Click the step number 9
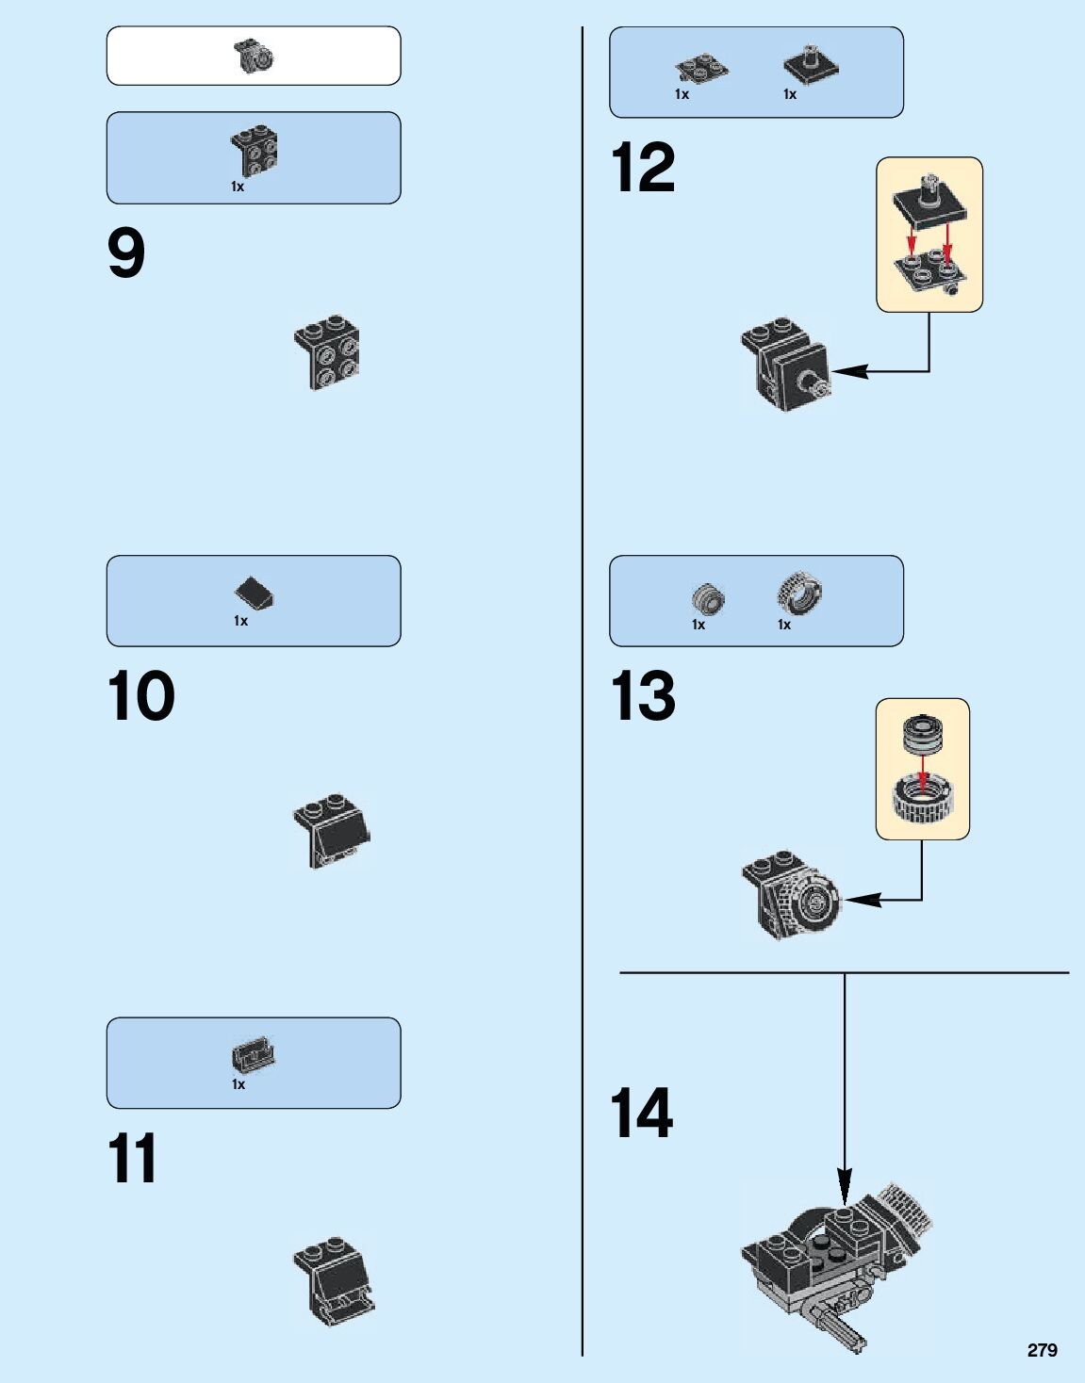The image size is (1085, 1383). pos(126,253)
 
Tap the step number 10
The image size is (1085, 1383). pos(141,696)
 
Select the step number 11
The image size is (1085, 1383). pos(132,1159)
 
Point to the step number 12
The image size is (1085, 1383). pos(643,168)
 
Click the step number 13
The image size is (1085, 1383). pos(643,696)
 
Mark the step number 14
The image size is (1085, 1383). pos(642,1113)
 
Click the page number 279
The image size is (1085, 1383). pos(1042,1350)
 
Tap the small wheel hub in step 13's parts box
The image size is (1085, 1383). pos(707,597)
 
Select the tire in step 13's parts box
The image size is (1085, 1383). pos(799,593)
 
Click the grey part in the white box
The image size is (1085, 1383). pos(254,57)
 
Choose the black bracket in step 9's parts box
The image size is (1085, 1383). pos(255,151)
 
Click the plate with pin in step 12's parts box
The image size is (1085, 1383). pos(811,65)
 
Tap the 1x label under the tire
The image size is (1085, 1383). pos(784,625)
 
